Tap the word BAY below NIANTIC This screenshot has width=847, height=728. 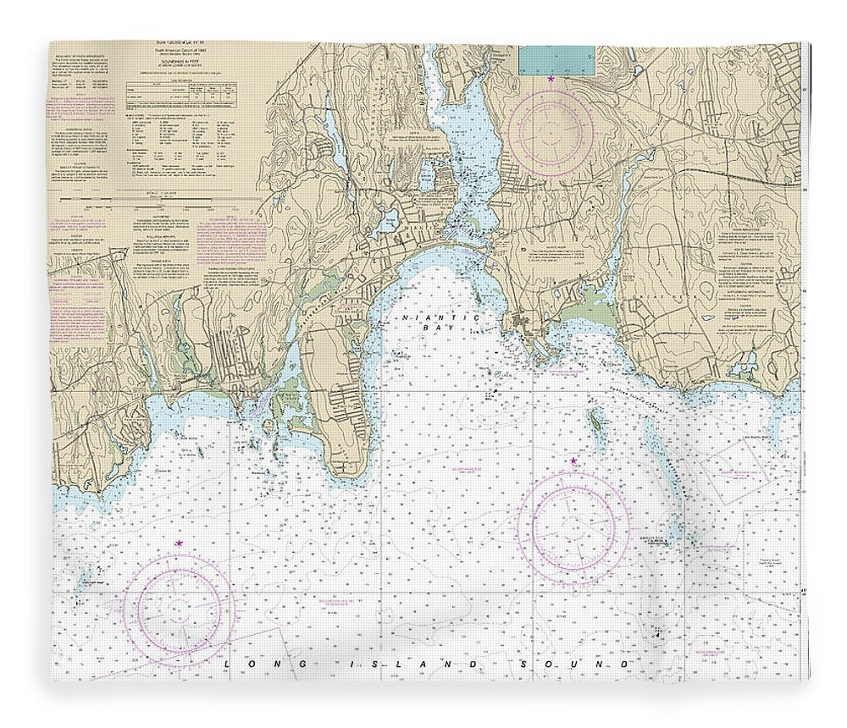pyautogui.click(x=441, y=327)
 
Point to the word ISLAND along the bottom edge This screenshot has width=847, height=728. pyautogui.click(x=399, y=665)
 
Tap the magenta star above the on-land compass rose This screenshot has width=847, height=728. pyautogui.click(x=551, y=79)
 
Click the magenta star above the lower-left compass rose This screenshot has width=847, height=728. pyautogui.click(x=179, y=543)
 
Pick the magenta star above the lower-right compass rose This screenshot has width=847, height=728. pyautogui.click(x=573, y=461)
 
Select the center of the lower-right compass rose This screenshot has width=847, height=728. pyautogui.click(x=573, y=527)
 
